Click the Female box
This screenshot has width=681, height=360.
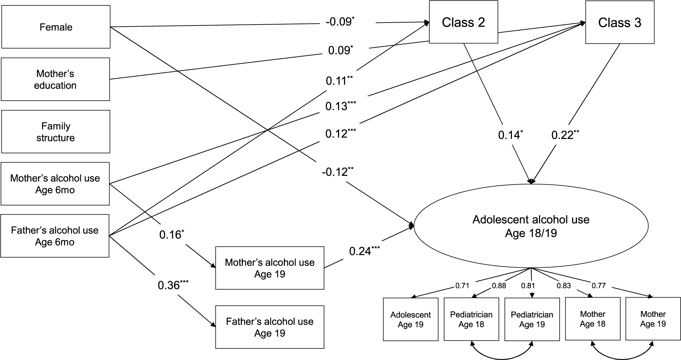(x=56, y=27)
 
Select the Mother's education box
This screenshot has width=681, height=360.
(x=55, y=79)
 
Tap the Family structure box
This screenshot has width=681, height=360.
(x=55, y=132)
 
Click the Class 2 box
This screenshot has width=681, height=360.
(x=463, y=22)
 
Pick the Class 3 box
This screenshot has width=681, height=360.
(x=620, y=22)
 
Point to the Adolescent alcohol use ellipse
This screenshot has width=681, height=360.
(x=531, y=226)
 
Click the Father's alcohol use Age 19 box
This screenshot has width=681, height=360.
(x=270, y=327)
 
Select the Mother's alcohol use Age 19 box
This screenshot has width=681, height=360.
(x=270, y=268)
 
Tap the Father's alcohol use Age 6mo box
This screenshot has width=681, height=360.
(x=55, y=236)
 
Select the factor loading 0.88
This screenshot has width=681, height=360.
(x=499, y=286)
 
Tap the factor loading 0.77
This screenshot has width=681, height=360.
(x=598, y=286)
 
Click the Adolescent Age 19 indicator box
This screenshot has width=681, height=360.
(x=410, y=319)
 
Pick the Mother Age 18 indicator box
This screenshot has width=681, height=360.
(x=592, y=319)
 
